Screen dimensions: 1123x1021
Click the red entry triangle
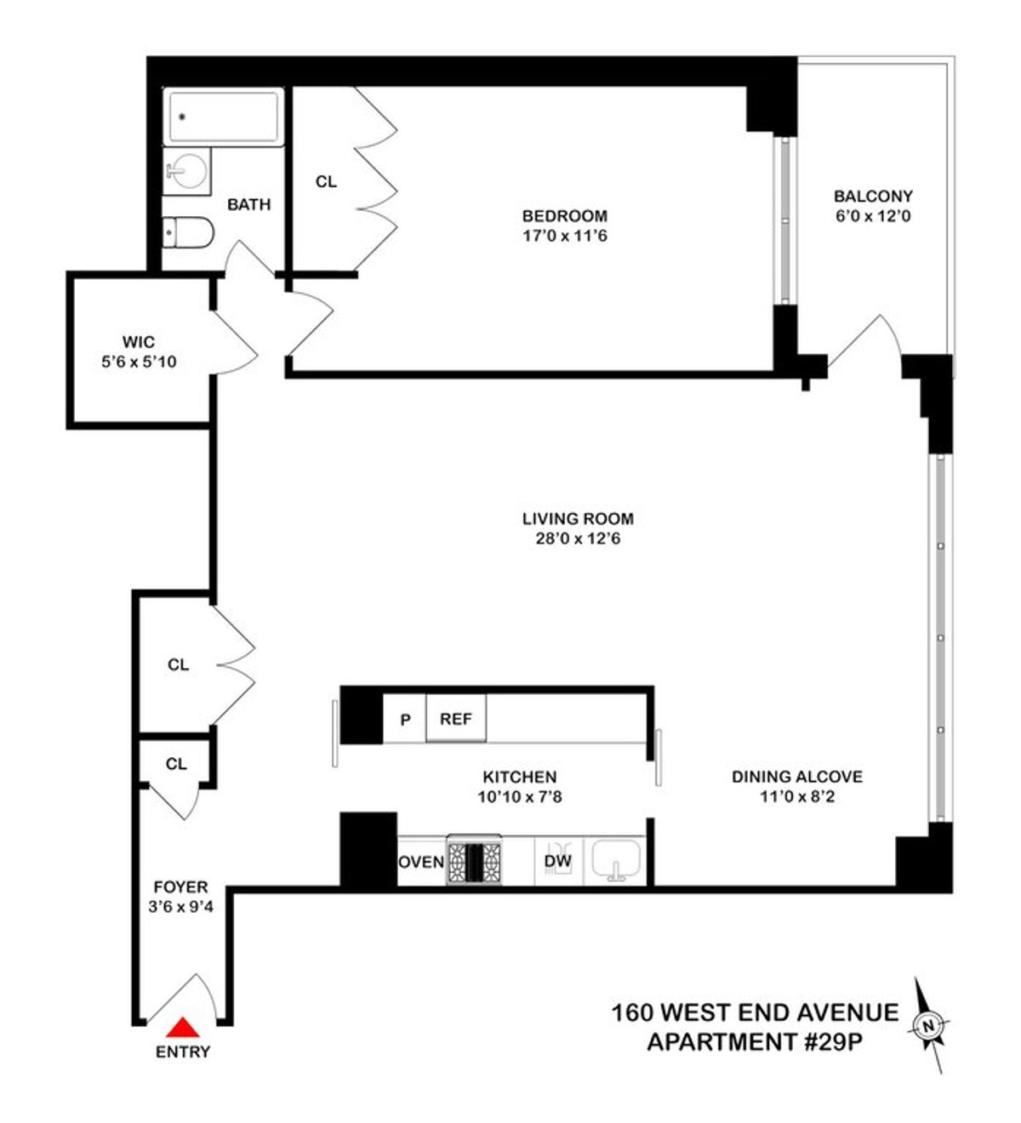[182, 1028]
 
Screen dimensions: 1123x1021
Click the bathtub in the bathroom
[224, 117]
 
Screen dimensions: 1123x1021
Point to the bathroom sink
[185, 172]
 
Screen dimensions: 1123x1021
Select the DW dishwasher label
[557, 861]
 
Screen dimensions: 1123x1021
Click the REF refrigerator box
[455, 719]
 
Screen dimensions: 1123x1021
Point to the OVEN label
[422, 862]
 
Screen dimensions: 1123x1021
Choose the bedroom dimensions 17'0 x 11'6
[565, 235]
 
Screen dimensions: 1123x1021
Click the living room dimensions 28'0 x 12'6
[578, 538]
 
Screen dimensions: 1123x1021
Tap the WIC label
[138, 342]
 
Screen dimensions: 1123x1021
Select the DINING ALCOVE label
[797, 777]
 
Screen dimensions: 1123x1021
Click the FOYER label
[180, 886]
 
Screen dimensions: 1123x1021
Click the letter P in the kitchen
[406, 720]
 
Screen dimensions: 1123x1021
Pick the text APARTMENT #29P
[750, 1040]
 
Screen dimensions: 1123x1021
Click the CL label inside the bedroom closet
[326, 181]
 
